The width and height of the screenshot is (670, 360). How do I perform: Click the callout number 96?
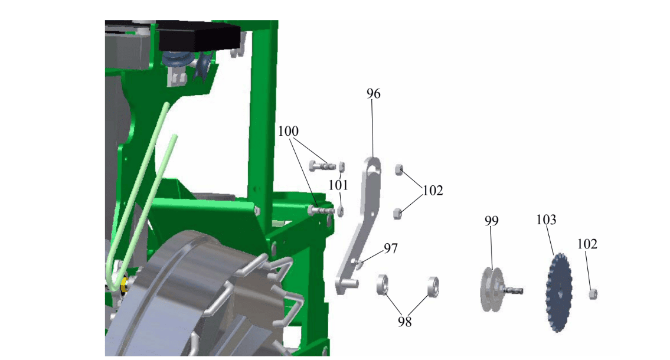[374, 93]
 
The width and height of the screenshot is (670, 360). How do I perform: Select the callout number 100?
[289, 131]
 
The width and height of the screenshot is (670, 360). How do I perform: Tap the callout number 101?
[338, 185]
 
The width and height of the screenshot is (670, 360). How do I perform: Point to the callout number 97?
[391, 248]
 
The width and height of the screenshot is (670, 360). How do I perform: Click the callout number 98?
[404, 322]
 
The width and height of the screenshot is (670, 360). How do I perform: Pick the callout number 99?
[491, 221]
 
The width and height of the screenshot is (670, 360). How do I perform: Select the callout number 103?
[546, 220]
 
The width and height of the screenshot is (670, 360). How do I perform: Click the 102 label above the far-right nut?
[587, 244]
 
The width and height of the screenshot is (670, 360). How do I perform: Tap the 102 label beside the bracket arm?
[433, 191]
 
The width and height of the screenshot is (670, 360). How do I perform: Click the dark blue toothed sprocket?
[559, 293]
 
